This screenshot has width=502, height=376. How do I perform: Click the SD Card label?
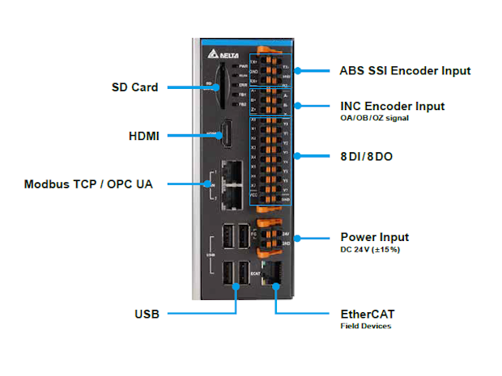coord(135,87)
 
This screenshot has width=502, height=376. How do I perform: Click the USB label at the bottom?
coord(147,314)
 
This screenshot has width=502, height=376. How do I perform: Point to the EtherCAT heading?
coord(368,314)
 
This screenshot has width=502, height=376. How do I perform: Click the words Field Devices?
coord(365,327)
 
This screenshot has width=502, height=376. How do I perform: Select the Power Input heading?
coord(374,237)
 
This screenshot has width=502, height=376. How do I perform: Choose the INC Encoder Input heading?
coord(392,106)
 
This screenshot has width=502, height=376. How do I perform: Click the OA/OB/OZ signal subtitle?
coord(375,118)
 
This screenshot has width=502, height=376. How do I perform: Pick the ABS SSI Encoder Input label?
coord(405,70)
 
